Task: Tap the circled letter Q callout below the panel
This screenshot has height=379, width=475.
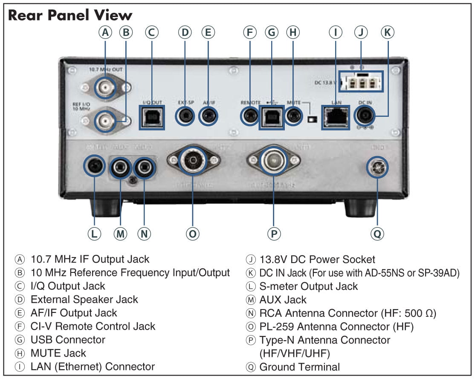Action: point(377,233)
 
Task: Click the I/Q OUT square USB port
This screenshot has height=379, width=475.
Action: point(152,117)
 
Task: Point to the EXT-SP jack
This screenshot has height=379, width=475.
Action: point(185,116)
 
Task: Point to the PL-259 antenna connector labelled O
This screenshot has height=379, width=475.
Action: point(192,160)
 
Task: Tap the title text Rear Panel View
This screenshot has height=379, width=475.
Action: point(70,15)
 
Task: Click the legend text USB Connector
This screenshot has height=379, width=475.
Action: point(68,340)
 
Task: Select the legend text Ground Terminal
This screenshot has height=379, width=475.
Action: point(300,367)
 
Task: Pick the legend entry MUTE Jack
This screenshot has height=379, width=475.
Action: point(58,353)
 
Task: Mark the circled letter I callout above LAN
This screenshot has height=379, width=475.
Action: point(336,32)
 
